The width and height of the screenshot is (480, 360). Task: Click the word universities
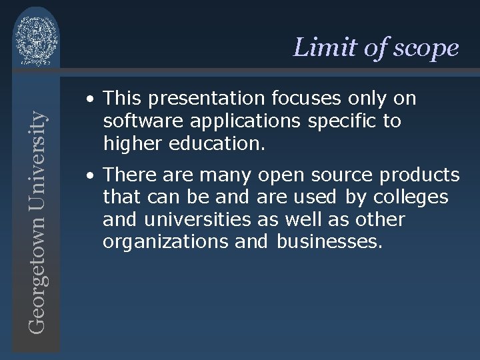197,220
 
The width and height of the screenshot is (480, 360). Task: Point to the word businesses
329,242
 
